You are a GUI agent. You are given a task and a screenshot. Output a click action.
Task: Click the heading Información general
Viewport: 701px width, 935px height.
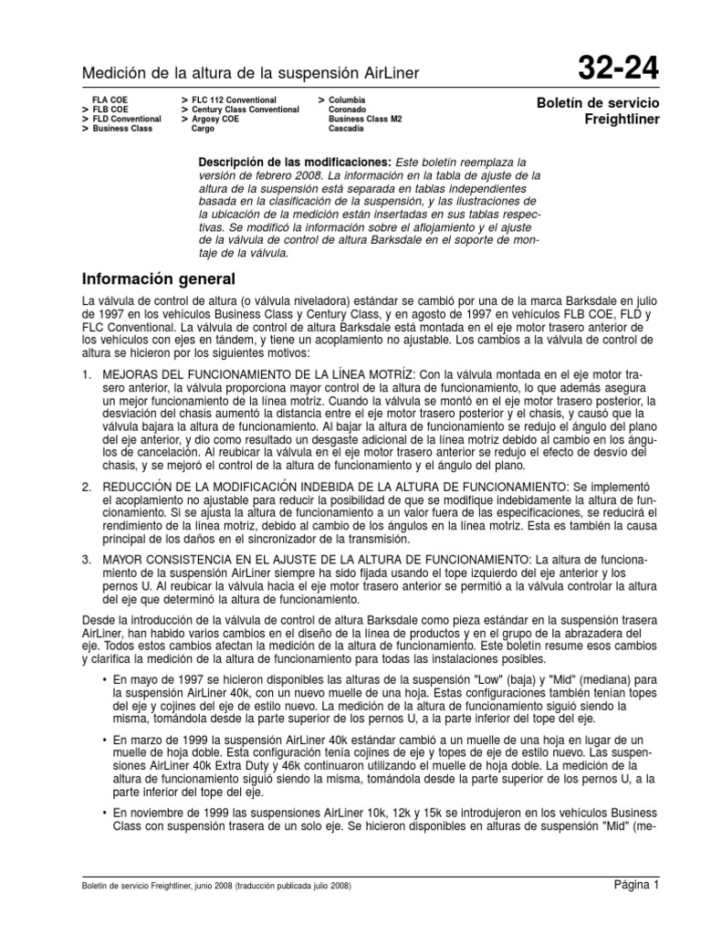tap(159, 278)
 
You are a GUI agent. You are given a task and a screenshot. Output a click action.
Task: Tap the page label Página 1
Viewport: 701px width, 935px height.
tap(635, 884)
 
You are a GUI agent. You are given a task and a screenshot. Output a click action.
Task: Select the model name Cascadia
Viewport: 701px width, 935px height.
tap(348, 130)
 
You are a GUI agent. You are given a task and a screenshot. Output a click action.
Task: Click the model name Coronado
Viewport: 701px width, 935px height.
tap(348, 109)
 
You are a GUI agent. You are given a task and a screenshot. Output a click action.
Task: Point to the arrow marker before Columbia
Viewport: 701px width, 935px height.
tap(321, 98)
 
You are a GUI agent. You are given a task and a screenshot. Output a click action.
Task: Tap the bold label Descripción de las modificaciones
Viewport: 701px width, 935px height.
tap(284, 161)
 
